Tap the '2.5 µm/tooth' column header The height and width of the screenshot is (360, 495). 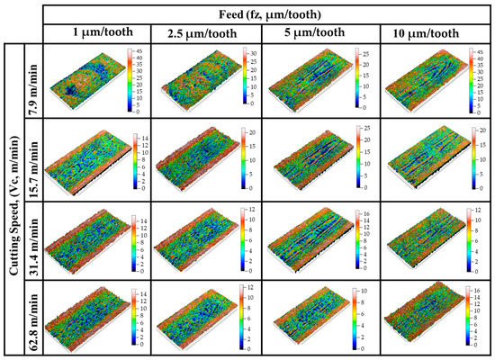pyautogui.click(x=203, y=33)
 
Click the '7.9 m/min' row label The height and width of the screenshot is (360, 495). pyautogui.click(x=31, y=81)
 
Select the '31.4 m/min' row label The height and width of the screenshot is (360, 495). pyautogui.click(x=31, y=238)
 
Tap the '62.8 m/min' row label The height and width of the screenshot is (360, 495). pyautogui.click(x=31, y=316)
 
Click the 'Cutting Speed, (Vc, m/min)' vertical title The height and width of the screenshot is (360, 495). pyautogui.click(x=12, y=198)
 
